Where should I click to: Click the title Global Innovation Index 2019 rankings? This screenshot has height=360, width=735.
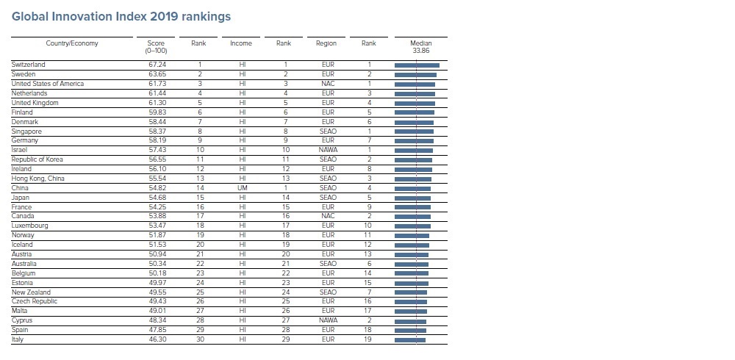[121, 16]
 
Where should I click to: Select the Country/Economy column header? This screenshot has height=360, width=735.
[72, 43]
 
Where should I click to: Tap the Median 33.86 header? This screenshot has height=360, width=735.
[421, 47]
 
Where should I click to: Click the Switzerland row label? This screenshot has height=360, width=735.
[28, 65]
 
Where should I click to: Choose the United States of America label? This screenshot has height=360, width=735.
[48, 84]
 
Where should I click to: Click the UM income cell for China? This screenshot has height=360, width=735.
[243, 188]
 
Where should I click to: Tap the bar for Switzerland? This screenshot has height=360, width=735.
[417, 65]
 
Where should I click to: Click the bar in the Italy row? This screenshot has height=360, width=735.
[410, 340]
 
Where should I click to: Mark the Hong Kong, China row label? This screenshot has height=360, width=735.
[38, 179]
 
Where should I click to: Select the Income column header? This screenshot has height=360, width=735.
[241, 43]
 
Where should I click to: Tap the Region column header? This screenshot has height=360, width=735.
[326, 43]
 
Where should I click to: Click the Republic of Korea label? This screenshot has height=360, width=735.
[37, 159]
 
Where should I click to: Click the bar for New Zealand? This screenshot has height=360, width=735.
[411, 292]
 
